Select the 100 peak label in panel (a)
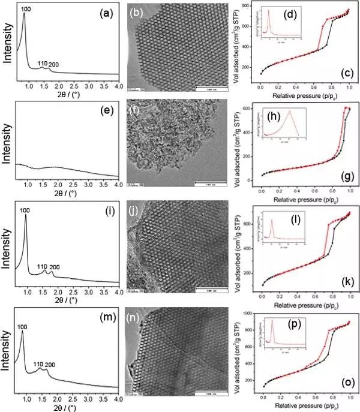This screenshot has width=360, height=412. click(x=26, y=9)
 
